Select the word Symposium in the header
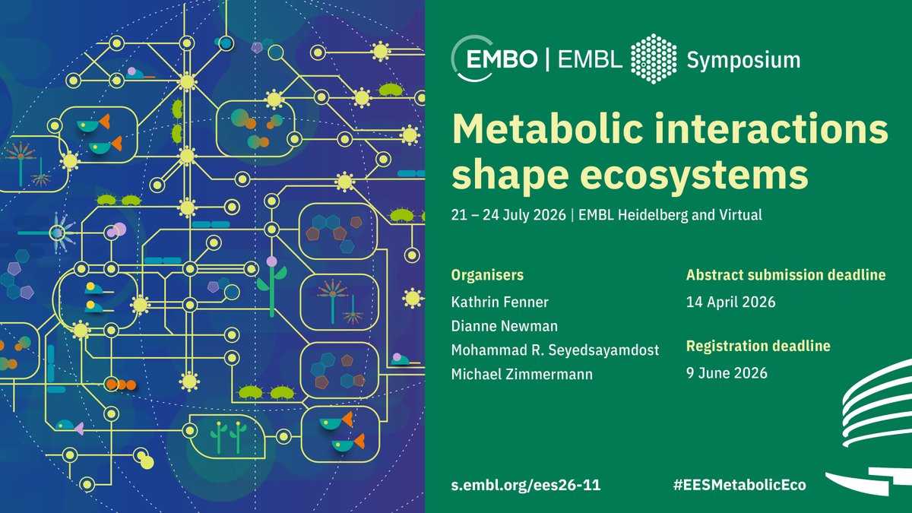[743, 59]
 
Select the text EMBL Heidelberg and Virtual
[669, 215]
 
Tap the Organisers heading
[487, 275]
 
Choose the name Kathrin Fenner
[500, 302]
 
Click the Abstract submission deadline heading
[786, 275]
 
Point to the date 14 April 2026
[730, 302]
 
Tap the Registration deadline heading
[758, 347]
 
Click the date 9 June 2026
[727, 373]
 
